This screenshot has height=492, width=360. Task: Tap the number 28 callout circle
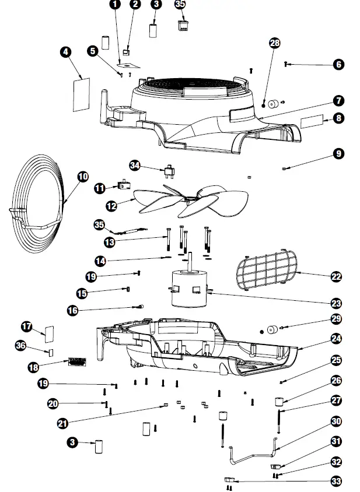pyautogui.click(x=275, y=43)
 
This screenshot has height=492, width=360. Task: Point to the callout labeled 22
pyautogui.click(x=336, y=276)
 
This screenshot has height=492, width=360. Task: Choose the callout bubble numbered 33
pyautogui.click(x=336, y=481)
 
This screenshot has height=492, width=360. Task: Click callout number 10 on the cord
pyautogui.click(x=82, y=176)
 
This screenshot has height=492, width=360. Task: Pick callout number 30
pyautogui.click(x=336, y=420)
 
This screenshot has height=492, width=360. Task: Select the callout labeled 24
pyautogui.click(x=336, y=338)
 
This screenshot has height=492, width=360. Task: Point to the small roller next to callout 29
pyautogui.click(x=271, y=330)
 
